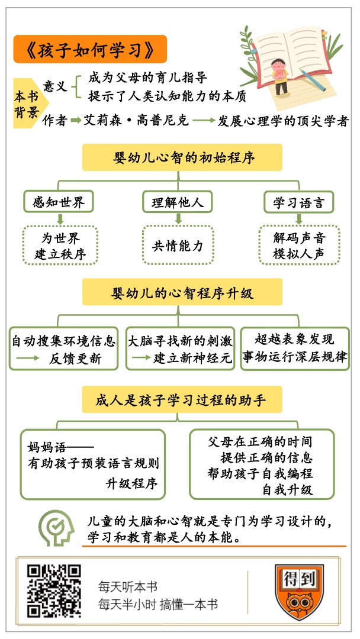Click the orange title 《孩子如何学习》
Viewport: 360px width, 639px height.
click(x=90, y=49)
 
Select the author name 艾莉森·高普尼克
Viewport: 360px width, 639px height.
click(x=136, y=121)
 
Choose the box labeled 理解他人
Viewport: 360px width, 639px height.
click(x=178, y=201)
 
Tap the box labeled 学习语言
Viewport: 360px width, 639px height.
click(x=299, y=201)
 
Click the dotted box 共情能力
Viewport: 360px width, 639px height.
click(x=178, y=246)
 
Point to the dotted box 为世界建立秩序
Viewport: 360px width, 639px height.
click(x=60, y=246)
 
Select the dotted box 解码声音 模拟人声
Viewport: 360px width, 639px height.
click(x=299, y=246)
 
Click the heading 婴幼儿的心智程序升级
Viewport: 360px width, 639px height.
click(x=182, y=292)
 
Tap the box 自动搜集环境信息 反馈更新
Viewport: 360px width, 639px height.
click(x=63, y=348)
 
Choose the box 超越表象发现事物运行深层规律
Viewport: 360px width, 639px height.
click(x=295, y=348)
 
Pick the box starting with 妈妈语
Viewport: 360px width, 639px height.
click(x=93, y=464)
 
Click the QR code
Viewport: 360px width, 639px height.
click(x=54, y=591)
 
